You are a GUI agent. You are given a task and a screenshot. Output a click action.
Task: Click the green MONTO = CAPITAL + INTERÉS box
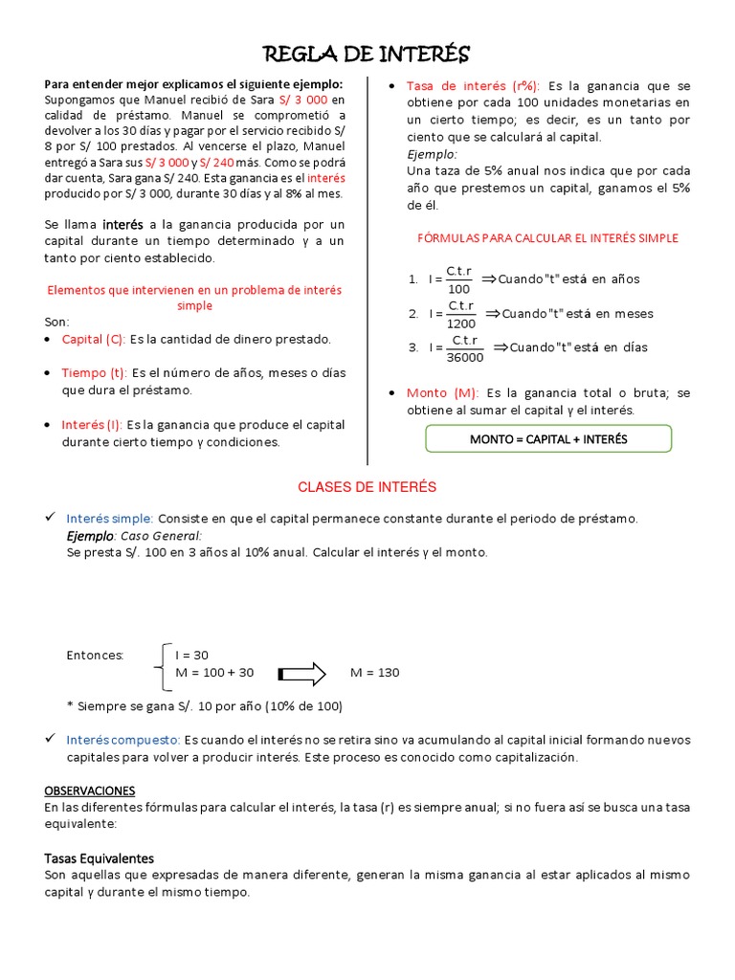(x=548, y=439)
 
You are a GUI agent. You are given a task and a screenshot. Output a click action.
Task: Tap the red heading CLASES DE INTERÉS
(x=367, y=487)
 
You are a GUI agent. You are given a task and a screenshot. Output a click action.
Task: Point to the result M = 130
(x=375, y=673)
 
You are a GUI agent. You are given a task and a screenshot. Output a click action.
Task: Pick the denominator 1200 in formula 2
(x=460, y=323)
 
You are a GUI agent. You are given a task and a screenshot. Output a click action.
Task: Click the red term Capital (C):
(x=94, y=339)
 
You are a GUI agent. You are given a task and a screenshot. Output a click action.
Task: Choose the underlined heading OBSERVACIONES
(x=90, y=791)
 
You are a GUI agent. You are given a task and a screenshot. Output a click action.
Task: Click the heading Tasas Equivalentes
(x=100, y=857)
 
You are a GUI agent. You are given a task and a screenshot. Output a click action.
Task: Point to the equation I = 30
(x=191, y=656)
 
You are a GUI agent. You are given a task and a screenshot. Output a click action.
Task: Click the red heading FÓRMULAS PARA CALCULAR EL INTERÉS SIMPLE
(x=548, y=238)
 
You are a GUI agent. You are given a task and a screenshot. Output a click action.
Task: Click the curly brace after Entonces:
(x=160, y=665)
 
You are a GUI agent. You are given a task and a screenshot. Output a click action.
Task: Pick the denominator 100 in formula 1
(x=458, y=289)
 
